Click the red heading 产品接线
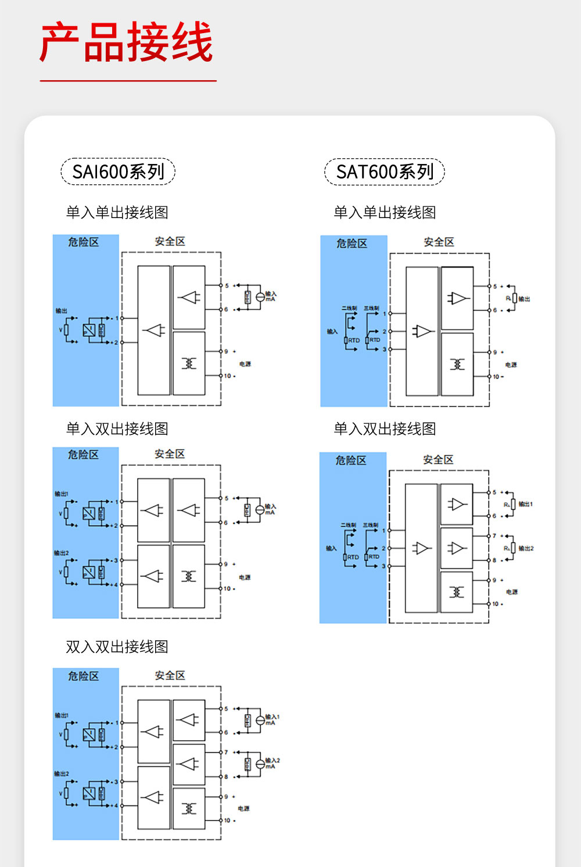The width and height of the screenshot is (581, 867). click(127, 42)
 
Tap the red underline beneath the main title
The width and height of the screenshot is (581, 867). click(128, 81)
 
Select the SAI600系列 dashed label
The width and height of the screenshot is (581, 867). click(118, 172)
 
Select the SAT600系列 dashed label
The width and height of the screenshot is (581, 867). click(385, 172)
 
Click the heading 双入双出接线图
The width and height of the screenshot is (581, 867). click(117, 647)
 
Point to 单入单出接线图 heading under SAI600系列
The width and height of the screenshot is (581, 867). click(117, 212)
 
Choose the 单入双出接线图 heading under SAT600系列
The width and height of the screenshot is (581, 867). click(385, 429)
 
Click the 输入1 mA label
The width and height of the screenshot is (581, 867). click(272, 719)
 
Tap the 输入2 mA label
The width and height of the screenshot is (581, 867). click(272, 763)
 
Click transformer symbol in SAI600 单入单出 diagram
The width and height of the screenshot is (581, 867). click(189, 363)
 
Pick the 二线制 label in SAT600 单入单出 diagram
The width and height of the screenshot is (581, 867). click(349, 308)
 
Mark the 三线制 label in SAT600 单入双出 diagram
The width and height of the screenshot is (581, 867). click(371, 525)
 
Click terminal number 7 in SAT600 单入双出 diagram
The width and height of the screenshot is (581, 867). click(494, 536)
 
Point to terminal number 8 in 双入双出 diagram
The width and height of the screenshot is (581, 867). click(227, 777)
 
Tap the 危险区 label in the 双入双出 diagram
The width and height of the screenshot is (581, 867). click(83, 676)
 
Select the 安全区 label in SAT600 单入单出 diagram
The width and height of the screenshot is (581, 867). click(439, 242)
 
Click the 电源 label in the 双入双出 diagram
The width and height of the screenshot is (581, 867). click(243, 808)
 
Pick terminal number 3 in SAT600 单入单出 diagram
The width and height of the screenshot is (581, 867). click(384, 349)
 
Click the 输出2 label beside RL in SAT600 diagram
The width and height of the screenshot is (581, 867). click(526, 548)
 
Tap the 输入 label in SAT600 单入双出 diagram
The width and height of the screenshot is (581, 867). click(331, 548)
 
